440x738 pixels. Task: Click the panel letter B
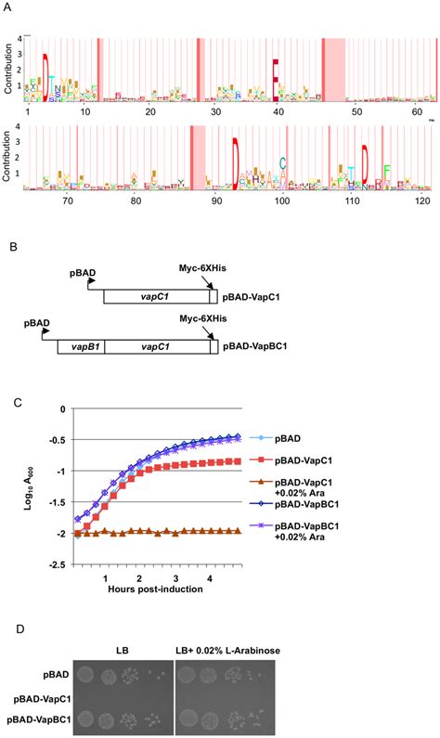(x=10, y=249)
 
